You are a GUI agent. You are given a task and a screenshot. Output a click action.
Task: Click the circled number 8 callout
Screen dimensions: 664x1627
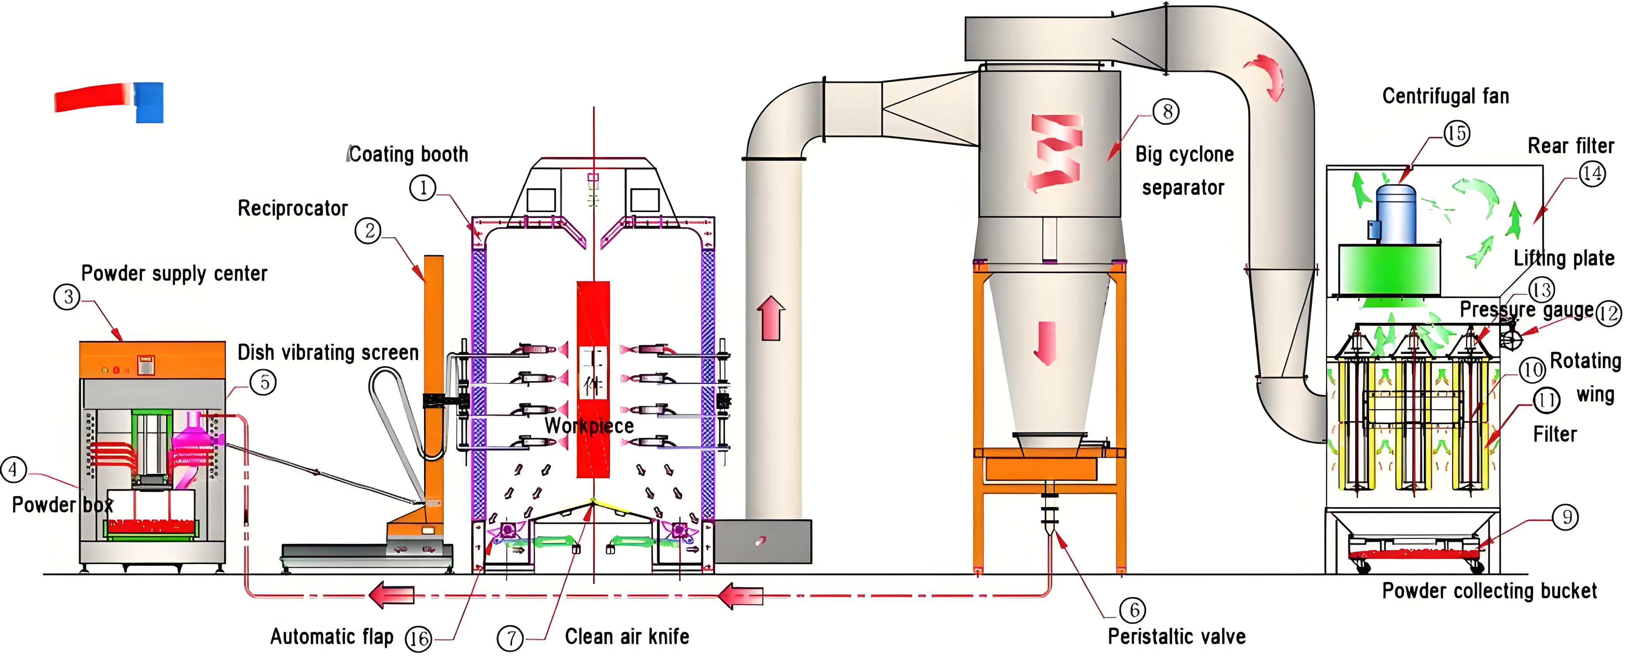(x=1166, y=112)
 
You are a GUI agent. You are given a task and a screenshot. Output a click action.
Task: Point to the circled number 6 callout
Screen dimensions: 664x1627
(x=1133, y=610)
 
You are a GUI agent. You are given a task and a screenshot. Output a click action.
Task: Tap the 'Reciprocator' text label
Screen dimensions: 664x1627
(x=292, y=209)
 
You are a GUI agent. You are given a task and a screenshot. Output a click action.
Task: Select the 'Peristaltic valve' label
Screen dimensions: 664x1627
(x=1177, y=636)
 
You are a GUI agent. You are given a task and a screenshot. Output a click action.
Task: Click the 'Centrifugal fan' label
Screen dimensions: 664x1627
(x=1445, y=96)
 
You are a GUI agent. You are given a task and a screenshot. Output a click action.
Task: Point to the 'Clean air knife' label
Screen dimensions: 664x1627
(x=626, y=636)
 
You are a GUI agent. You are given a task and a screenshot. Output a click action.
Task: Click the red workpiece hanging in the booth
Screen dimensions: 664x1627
(x=592, y=316)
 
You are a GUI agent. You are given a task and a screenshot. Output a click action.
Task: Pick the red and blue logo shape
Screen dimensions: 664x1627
(x=109, y=101)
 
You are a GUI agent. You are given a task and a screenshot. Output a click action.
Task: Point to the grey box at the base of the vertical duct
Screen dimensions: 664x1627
(x=763, y=541)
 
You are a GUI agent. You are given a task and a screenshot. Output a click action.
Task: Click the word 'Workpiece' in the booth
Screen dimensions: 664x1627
(x=589, y=426)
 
